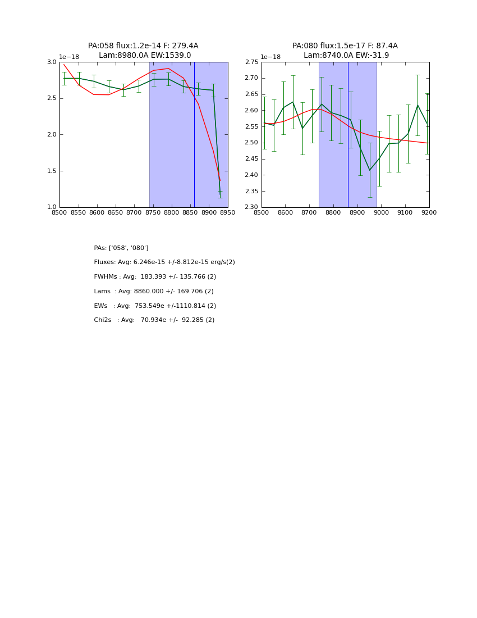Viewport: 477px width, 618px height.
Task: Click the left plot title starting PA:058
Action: pos(143,46)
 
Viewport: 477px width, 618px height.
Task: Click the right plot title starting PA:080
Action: pos(345,46)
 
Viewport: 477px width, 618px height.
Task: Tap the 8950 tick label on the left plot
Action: pos(227,213)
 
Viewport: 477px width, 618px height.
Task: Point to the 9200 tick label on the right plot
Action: pos(429,213)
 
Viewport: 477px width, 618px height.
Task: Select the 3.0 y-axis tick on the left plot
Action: pos(52,62)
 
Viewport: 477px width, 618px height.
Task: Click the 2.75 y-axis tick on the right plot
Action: pos(252,62)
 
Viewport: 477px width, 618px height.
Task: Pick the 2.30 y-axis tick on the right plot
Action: pos(252,207)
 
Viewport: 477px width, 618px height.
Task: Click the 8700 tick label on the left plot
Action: pos(134,213)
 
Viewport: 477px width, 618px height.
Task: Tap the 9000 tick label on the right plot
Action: pos(381,213)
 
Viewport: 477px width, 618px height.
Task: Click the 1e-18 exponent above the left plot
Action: pos(69,57)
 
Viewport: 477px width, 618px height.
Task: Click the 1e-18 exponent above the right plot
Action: pos(270,57)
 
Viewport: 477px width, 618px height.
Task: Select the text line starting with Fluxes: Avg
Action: pos(164,262)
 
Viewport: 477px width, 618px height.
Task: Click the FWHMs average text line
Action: pos(155,277)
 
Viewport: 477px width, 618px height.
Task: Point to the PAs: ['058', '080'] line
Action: pos(121,248)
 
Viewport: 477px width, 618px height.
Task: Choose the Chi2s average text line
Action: pos(154,320)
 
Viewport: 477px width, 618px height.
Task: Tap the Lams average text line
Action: pos(154,292)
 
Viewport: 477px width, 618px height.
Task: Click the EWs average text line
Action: pos(155,306)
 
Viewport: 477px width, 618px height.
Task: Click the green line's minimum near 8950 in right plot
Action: pos(369,170)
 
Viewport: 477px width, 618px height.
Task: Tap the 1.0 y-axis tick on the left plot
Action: pos(52,207)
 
